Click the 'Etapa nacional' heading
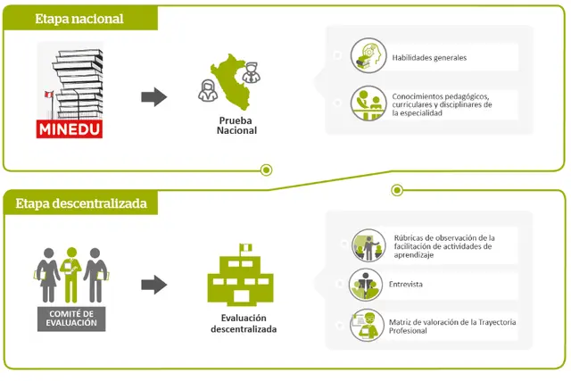79,19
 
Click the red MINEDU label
70,129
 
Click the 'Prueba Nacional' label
236,125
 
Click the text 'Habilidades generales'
429,58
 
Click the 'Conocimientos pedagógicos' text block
441,104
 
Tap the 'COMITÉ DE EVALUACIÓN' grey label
70,319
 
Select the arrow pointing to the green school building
155,285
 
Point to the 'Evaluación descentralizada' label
243,323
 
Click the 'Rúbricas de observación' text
443,245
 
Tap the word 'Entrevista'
406,285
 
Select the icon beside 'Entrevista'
366,285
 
